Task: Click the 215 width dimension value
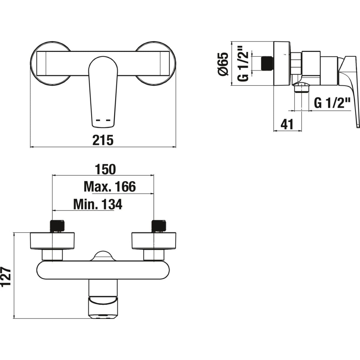coord(103,140)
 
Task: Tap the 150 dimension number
coord(105,169)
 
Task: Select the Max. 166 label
coord(110,187)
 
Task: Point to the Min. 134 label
coord(98,205)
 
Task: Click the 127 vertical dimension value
coord(6,277)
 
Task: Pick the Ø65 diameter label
coord(223,64)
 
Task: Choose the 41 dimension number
coord(287,124)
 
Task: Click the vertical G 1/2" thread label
coord(243,64)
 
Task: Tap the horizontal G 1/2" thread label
coord(332,103)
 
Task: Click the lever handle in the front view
coord(103,90)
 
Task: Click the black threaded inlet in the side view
coord(268,63)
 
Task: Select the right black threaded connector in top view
coord(158,226)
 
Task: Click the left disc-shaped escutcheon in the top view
coord(52,241)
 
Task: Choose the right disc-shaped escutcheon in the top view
coord(154,241)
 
